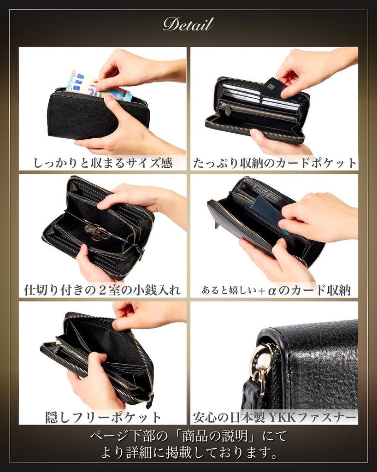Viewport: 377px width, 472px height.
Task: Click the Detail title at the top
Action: tap(188, 24)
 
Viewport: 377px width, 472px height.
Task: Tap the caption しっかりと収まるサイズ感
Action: tap(103, 163)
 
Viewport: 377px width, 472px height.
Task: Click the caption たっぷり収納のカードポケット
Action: tap(274, 163)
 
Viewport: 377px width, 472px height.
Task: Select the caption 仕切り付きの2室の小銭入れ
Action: tap(103, 290)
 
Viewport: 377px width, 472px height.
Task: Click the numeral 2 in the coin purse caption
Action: tap(101, 290)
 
